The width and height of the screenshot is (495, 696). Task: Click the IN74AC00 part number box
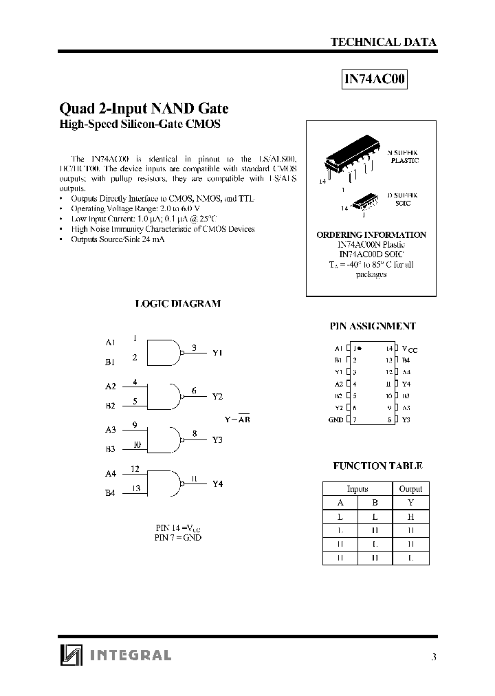coord(375,80)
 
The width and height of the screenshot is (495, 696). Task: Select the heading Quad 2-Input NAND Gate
coord(144,109)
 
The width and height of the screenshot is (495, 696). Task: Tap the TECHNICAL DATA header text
coord(383,42)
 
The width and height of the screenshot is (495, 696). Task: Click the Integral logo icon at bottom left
coord(71,656)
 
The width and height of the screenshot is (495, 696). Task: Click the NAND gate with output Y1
coord(165,351)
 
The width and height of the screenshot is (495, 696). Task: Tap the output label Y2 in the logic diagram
coord(217,397)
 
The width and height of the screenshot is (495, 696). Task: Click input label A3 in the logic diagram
coord(110,431)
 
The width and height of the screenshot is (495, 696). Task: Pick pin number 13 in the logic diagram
coord(136,488)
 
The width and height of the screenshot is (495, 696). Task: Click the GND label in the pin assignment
coord(335,420)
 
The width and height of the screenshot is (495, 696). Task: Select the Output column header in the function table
coord(410,489)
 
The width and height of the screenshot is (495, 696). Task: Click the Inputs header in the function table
coord(357,489)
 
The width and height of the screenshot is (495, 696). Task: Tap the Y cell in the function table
coord(410,503)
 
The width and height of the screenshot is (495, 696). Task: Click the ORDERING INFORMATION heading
coord(371,235)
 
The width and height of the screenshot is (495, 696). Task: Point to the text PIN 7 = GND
coord(178,537)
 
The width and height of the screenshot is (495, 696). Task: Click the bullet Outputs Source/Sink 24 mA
coord(117,239)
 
